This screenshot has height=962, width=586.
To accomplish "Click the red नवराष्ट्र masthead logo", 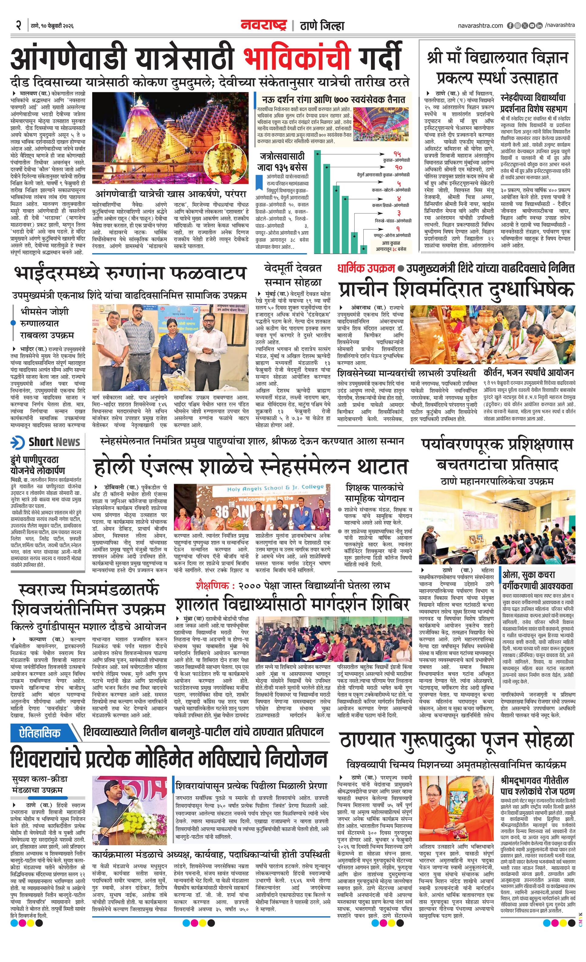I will (x=264, y=25).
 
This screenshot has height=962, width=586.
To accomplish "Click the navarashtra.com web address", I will (x=480, y=25).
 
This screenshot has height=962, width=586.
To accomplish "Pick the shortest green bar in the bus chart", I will (x=363, y=249).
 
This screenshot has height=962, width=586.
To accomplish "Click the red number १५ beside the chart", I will (x=397, y=154).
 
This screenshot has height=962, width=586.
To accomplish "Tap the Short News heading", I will (x=54, y=442).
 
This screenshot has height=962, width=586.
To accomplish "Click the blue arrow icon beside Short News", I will (x=18, y=442).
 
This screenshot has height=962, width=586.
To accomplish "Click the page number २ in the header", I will (x=18, y=26).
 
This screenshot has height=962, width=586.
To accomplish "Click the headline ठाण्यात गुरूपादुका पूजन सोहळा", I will (x=456, y=740).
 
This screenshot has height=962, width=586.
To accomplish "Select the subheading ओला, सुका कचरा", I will (x=528, y=575).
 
